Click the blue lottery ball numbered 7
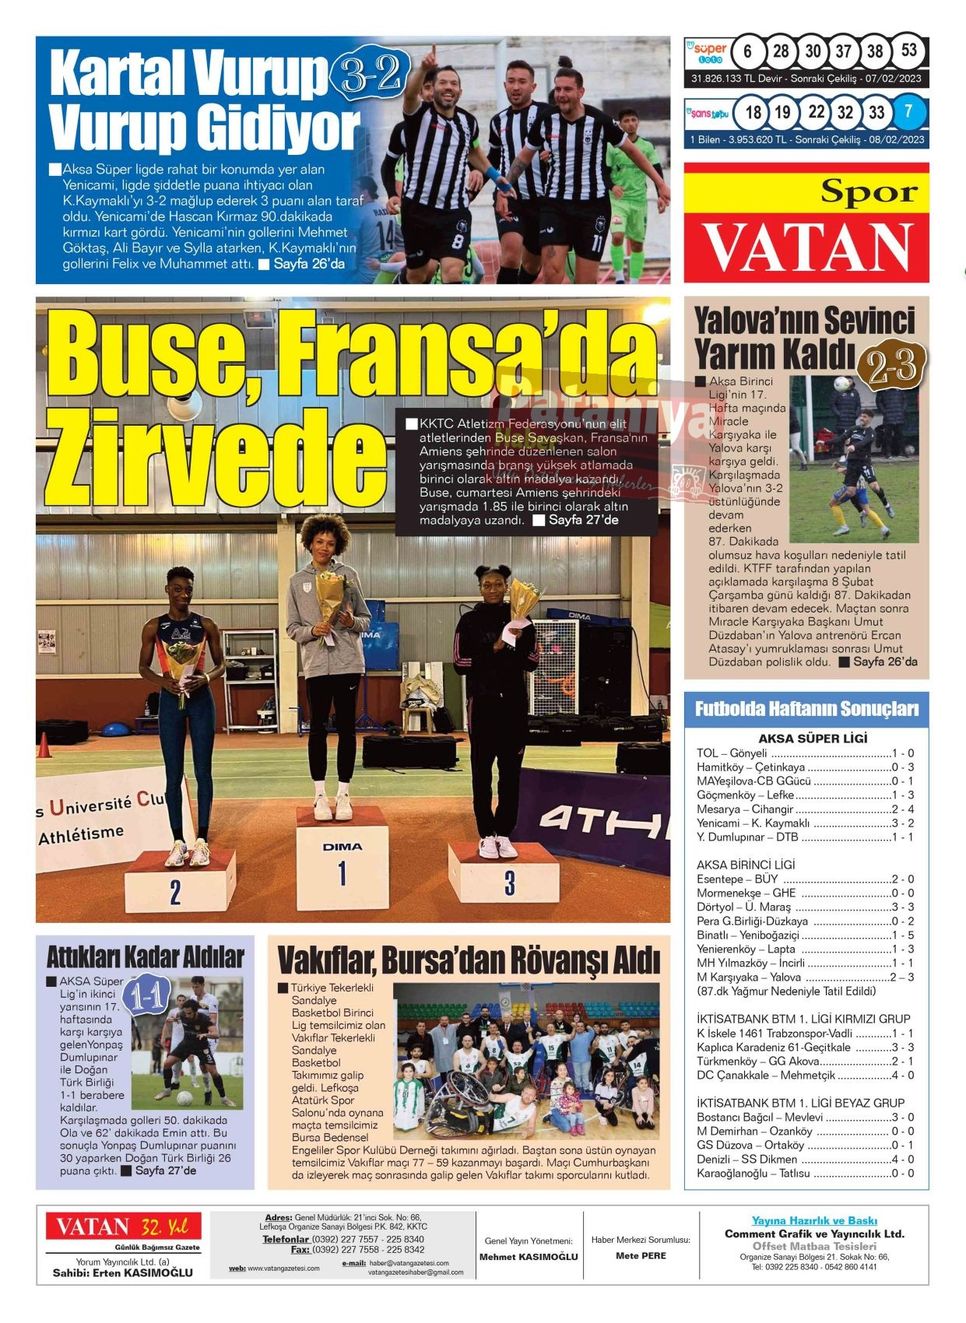(908, 112)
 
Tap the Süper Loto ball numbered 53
(908, 51)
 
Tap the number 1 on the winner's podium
(342, 873)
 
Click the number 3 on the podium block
(509, 883)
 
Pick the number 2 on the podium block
(175, 892)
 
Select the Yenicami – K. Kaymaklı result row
(805, 823)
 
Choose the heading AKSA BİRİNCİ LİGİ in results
(745, 865)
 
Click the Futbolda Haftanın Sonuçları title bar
(806, 709)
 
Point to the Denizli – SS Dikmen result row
(805, 1159)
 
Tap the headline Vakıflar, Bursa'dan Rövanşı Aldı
(469, 961)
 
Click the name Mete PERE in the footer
(641, 1255)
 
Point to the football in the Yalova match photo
(842, 384)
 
